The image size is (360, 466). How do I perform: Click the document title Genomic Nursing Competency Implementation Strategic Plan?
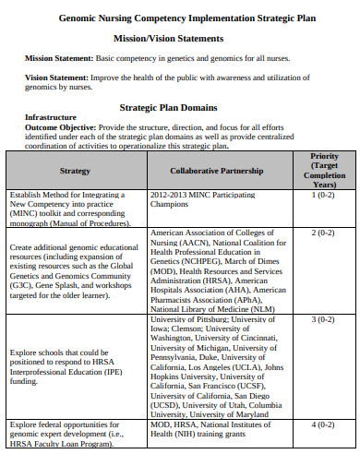point(181,18)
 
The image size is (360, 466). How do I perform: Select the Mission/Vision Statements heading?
point(181,39)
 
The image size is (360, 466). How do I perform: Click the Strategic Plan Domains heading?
point(180,106)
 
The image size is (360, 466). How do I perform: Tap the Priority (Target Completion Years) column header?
point(323,171)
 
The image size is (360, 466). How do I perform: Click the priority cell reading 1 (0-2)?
point(322,196)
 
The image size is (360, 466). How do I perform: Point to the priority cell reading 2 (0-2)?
point(322,233)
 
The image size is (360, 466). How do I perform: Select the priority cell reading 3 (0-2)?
point(322,319)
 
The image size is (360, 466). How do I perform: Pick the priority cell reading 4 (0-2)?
point(322,424)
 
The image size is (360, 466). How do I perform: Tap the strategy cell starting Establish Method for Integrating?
point(73,209)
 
